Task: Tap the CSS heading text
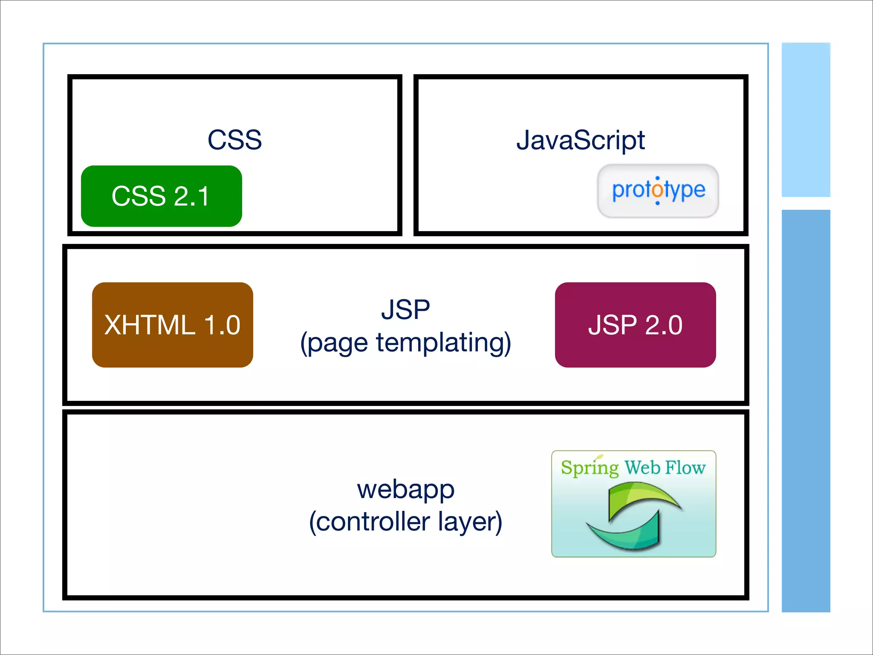[234, 140]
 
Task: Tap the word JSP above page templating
[405, 309]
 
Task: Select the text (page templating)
[405, 342]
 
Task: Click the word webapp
[405, 489]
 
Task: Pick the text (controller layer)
[405, 522]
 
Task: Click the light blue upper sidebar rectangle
[806, 119]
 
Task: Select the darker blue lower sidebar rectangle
[806, 409]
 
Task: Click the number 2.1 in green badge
[192, 197]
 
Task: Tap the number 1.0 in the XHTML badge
[222, 325]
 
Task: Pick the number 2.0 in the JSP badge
[664, 325]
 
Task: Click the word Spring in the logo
[589, 467]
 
